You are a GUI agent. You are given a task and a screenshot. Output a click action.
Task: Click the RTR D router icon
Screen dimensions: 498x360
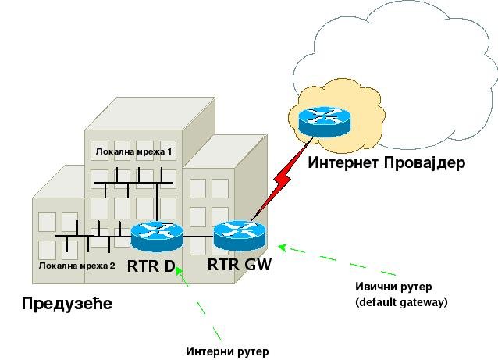pos(157,237)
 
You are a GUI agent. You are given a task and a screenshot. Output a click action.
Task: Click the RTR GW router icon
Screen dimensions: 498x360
pos(240,236)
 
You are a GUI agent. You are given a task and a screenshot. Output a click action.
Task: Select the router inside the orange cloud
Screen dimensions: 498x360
pos(324,123)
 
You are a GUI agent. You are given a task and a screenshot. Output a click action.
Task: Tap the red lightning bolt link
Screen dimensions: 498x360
pos(281,180)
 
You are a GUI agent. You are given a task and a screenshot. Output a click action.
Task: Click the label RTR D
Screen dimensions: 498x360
pos(151,266)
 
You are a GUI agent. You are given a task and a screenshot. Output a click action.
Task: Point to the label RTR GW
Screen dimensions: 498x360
pos(240,265)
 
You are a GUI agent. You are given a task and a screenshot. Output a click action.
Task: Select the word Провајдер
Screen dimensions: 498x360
pos(425,163)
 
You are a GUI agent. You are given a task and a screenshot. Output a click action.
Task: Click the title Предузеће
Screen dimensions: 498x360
pos(67,303)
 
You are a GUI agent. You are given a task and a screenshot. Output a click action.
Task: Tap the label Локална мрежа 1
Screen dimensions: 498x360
pos(133,151)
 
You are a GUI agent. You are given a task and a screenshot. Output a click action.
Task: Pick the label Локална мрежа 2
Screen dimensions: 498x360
pos(76,266)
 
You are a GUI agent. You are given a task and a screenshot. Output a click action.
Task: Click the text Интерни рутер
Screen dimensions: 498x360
pos(227,351)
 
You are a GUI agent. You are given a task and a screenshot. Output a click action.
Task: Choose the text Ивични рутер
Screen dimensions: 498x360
pos(393,287)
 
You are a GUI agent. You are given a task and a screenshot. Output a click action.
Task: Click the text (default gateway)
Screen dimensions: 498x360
pos(401,301)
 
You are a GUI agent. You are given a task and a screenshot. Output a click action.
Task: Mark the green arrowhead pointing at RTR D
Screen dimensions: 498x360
pos(179,270)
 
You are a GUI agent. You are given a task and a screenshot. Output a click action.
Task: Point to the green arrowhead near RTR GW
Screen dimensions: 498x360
pos(283,248)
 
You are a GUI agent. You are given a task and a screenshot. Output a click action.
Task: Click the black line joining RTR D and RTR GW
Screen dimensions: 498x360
pos(198,237)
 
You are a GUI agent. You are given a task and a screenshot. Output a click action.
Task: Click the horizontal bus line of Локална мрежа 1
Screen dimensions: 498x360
pos(133,183)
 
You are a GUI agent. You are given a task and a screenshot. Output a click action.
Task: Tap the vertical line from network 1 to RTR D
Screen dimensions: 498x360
pos(157,203)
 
